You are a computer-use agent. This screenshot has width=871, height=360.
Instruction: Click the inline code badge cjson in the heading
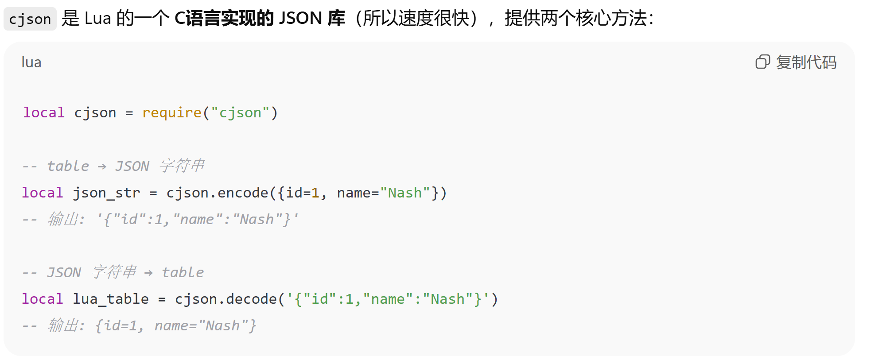click(30, 19)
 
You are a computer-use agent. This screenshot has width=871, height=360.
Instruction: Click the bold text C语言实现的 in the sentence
click(224, 19)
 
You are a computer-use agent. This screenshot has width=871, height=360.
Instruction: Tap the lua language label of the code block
click(31, 62)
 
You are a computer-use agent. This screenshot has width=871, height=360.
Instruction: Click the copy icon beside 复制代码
click(762, 62)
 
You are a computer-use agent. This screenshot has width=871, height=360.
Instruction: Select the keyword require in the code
click(172, 113)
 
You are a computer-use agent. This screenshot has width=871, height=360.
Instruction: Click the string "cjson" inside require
click(240, 113)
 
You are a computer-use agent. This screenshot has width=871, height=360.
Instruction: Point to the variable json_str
click(106, 193)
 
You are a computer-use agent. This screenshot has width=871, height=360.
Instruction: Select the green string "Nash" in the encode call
click(405, 193)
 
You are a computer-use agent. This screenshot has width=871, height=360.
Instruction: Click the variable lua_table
click(111, 299)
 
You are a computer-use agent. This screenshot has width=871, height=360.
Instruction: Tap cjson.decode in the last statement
click(226, 299)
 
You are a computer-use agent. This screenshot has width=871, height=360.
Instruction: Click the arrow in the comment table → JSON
click(102, 167)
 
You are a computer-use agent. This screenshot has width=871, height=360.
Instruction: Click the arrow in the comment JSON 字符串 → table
click(148, 273)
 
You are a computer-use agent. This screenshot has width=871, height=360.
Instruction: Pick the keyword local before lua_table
click(43, 299)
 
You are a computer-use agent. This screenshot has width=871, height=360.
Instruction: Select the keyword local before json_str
click(43, 193)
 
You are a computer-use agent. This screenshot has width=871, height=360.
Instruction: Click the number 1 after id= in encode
click(315, 193)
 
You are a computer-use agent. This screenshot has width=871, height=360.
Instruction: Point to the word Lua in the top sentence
click(97, 19)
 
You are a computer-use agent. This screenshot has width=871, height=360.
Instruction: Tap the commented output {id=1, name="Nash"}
click(176, 326)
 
